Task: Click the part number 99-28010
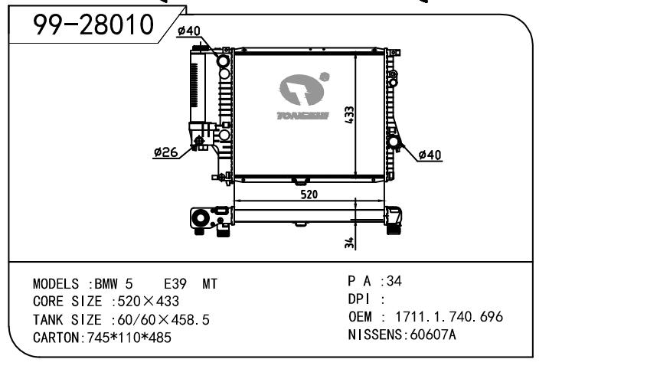tap(93, 24)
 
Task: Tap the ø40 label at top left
tap(189, 31)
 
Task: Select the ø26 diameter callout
tap(165, 152)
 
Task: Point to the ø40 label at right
tap(430, 155)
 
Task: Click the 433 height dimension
tap(349, 115)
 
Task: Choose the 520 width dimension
tap(309, 194)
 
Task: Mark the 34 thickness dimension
tap(349, 243)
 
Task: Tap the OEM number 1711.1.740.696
tap(449, 317)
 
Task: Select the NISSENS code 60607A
tap(433, 335)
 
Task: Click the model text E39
tap(175, 284)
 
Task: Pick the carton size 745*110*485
tap(129, 338)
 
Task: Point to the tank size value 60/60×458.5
tap(163, 320)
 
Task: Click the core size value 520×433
tap(148, 302)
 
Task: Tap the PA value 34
tap(394, 281)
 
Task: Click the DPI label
tap(359, 299)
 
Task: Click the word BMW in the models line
tap(106, 284)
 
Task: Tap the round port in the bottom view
tap(201, 217)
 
